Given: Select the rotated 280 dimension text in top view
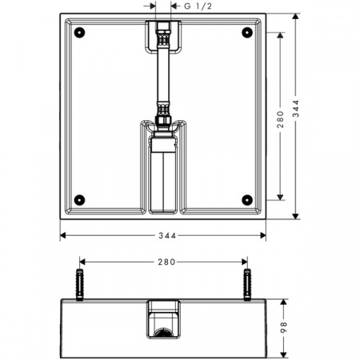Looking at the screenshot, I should [279, 116].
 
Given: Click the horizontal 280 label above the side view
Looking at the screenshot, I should [166, 262].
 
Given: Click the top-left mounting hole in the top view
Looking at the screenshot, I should [79, 33].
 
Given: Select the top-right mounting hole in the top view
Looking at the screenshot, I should [246, 33].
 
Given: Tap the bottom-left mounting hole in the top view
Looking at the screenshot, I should [79, 199].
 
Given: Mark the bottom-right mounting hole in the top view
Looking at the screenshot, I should [246, 199].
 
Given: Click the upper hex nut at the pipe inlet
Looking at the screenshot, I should [162, 34].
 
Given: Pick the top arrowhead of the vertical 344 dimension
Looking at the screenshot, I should [296, 14].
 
